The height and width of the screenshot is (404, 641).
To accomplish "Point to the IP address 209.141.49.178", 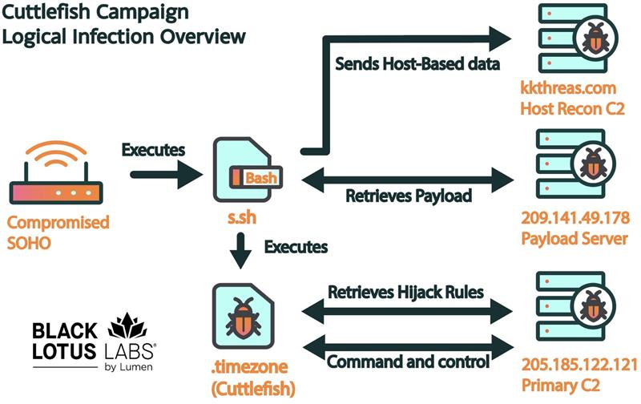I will coord(570,217).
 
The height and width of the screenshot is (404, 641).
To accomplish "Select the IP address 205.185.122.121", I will coord(570,362).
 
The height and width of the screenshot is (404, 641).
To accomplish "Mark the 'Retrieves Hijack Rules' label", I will coord(405,291).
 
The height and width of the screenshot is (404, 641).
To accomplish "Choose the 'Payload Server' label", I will coord(566,238).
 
